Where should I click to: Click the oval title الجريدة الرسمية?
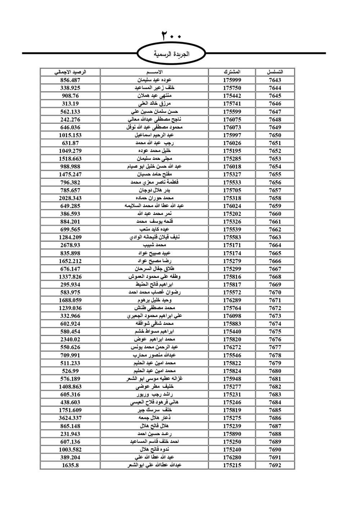click(x=171, y=54)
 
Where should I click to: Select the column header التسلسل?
click(x=275, y=72)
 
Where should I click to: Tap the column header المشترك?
click(x=232, y=72)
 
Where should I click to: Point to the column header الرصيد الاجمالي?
click(x=70, y=72)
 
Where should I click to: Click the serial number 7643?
click(x=275, y=80)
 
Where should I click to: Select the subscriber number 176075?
click(x=232, y=120)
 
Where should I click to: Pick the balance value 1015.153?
click(x=70, y=135)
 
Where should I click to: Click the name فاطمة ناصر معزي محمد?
click(x=154, y=183)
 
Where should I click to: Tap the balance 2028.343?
click(x=70, y=198)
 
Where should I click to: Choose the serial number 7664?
click(x=275, y=245)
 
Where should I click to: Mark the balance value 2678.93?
click(x=70, y=245)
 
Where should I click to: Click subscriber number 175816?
click(x=232, y=277)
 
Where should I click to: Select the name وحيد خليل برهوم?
click(x=154, y=300)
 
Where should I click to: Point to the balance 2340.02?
click(x=70, y=339)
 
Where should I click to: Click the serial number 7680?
click(x=275, y=371)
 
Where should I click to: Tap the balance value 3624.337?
click(x=70, y=418)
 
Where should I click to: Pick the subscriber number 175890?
click(x=232, y=434)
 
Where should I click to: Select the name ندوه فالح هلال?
click(x=154, y=450)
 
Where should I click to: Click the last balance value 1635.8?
click(x=70, y=465)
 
